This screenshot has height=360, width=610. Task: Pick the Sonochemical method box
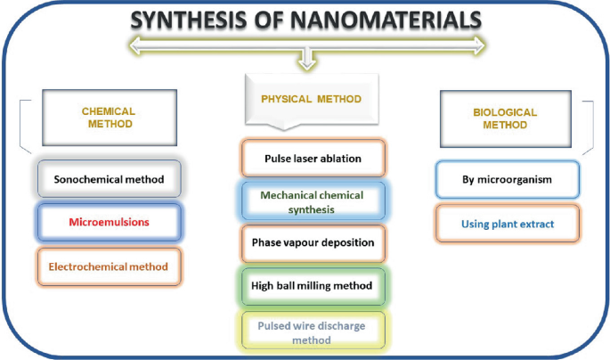click(109, 179)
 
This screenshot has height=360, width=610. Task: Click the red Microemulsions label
click(109, 221)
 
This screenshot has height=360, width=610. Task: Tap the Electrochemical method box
click(109, 265)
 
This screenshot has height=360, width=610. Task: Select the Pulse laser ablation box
click(313, 159)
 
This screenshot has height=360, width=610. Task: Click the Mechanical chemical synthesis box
click(313, 201)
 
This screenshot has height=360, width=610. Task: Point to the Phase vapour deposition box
click(313, 242)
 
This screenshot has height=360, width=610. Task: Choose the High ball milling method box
click(313, 286)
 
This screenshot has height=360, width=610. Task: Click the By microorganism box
click(508, 179)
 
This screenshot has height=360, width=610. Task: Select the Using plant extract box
click(508, 224)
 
